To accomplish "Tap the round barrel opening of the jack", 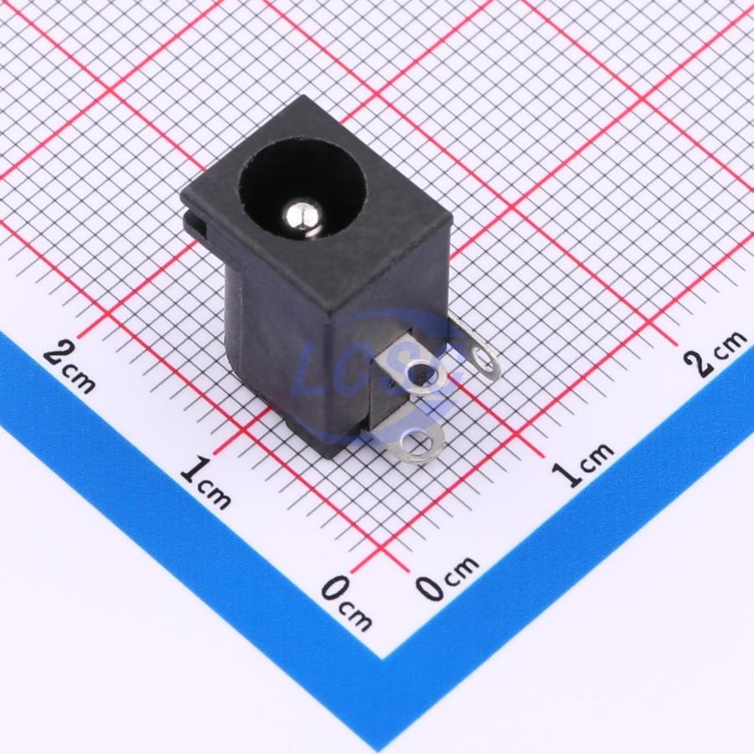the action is coord(302,188).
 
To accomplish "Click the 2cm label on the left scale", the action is coord(70,368).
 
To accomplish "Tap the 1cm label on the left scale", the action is coord(206,483).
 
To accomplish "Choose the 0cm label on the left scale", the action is coord(346,603).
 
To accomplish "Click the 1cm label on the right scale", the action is coord(583,463).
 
